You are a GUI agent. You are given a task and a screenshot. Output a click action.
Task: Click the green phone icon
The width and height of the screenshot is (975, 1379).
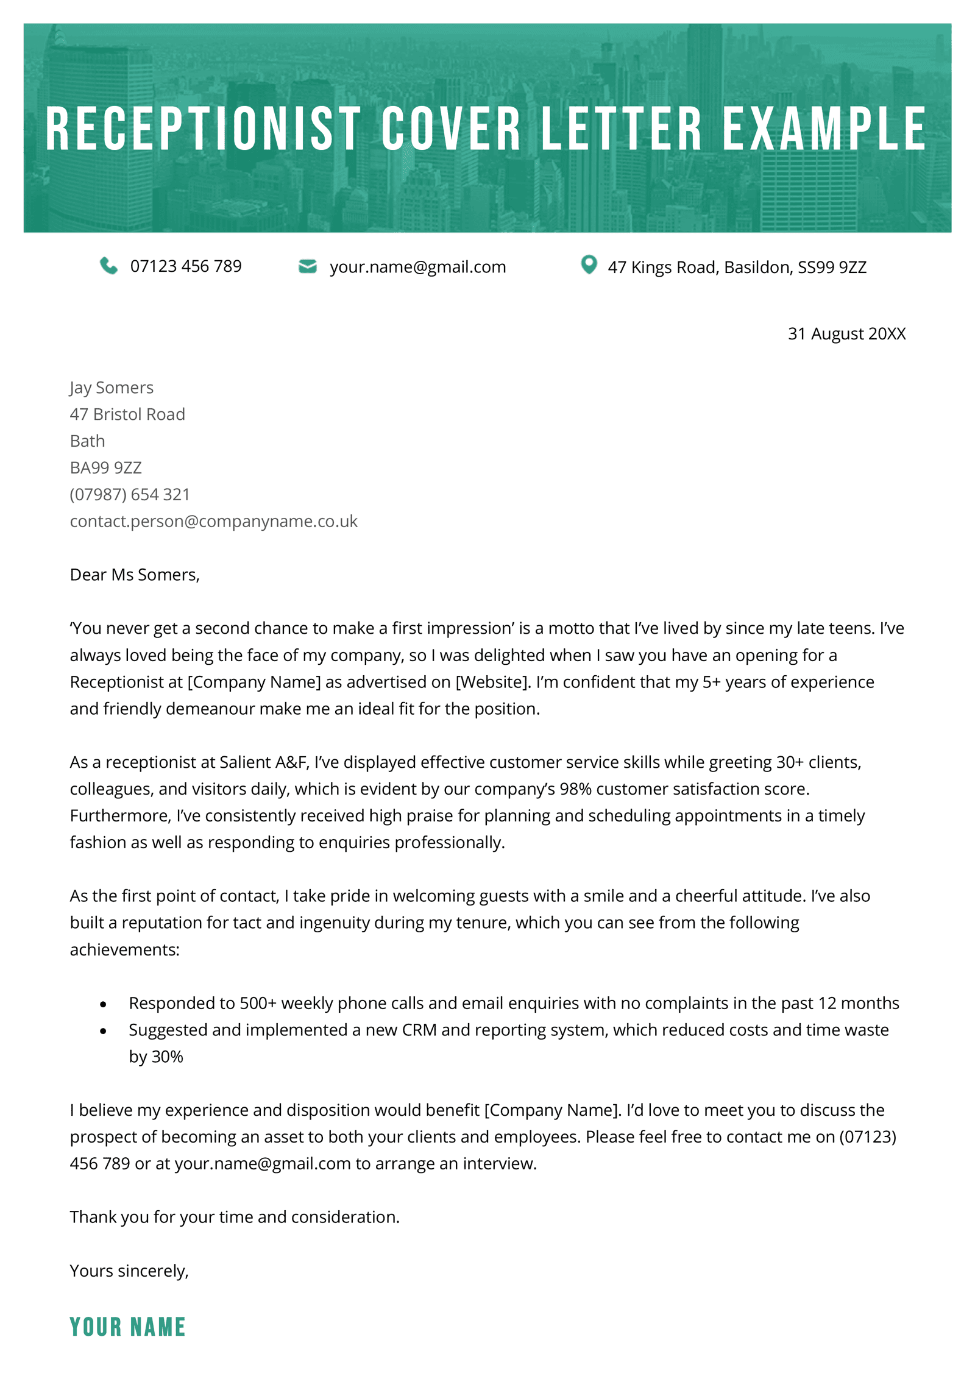click(108, 266)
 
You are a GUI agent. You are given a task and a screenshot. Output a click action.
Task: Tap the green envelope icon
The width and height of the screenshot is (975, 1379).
click(307, 266)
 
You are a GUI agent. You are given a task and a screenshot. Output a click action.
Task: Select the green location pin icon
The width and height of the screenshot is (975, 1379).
click(588, 264)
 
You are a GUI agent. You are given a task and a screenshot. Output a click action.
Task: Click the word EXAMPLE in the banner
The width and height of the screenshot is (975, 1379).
click(824, 129)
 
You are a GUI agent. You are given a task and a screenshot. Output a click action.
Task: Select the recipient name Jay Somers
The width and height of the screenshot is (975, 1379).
click(112, 388)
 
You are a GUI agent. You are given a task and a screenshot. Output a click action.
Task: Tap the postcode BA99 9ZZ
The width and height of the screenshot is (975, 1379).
click(106, 467)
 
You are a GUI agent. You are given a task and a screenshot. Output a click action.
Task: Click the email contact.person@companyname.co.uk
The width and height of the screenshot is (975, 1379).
click(213, 521)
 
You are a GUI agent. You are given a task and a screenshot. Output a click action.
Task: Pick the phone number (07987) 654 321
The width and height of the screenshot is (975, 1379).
click(130, 494)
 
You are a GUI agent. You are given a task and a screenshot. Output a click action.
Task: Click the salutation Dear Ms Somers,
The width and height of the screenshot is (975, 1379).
click(135, 575)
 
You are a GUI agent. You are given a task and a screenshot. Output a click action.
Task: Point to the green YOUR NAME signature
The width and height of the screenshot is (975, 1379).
click(127, 1327)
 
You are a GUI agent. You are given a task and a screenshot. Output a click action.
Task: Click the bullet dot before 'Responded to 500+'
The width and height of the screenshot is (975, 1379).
click(103, 1004)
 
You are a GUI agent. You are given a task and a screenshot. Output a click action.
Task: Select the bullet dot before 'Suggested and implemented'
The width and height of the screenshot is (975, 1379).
click(103, 1031)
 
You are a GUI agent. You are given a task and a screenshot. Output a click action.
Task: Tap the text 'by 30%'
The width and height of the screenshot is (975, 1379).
click(156, 1057)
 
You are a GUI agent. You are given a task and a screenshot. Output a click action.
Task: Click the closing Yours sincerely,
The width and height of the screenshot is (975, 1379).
click(129, 1271)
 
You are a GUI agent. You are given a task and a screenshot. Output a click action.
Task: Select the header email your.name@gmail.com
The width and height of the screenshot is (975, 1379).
click(417, 267)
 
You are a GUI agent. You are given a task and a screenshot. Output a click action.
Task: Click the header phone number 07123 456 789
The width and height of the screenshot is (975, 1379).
click(186, 266)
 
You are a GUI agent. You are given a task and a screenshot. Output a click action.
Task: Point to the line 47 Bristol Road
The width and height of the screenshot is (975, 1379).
click(127, 414)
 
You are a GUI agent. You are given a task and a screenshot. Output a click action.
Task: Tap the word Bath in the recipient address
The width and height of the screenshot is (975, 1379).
click(87, 441)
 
